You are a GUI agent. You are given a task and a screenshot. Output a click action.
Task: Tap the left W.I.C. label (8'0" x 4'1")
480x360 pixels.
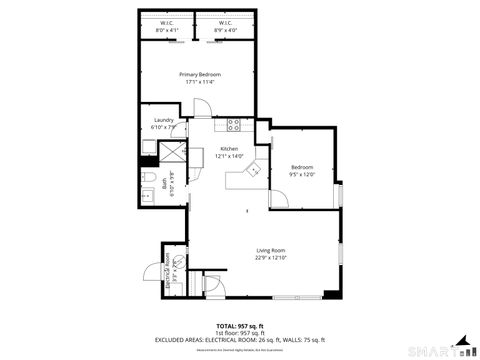pyautogui.click(x=166, y=27)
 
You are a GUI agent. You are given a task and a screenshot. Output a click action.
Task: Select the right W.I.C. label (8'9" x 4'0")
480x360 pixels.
pyautogui.click(x=223, y=27)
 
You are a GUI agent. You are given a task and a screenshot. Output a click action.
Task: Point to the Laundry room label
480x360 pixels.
pyautogui.click(x=163, y=123)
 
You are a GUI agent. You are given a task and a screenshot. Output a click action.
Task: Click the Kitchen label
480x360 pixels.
pyautogui.click(x=230, y=152)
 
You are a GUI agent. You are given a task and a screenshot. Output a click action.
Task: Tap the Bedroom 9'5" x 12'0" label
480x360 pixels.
pyautogui.click(x=302, y=170)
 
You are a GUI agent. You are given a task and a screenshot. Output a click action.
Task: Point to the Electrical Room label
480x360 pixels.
pyautogui.click(x=170, y=269)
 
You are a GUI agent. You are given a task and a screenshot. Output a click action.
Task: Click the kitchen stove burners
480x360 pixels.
pyautogui.click(x=233, y=125)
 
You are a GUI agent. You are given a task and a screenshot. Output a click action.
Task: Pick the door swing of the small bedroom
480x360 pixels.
pyautogui.click(x=279, y=195)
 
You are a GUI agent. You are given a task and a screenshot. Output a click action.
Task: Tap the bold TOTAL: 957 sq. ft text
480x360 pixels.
pyautogui.click(x=239, y=326)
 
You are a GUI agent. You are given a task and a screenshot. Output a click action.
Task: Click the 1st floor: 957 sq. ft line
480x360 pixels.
pyautogui.click(x=239, y=332)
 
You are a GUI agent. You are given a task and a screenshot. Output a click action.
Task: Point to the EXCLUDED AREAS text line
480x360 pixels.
pyautogui.click(x=240, y=339)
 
